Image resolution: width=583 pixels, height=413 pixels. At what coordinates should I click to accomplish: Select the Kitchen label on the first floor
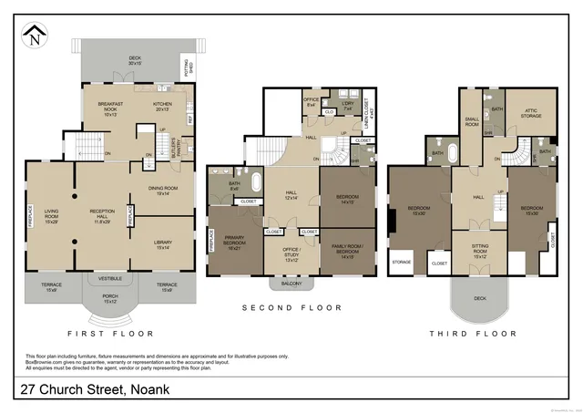point(161,106)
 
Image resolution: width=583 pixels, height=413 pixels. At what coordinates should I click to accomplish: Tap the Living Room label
point(51,216)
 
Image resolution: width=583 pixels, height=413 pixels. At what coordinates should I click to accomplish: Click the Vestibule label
point(109,277)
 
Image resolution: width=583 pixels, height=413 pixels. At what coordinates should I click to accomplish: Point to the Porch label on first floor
point(109,298)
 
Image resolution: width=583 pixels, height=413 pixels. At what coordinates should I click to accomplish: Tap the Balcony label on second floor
point(291,284)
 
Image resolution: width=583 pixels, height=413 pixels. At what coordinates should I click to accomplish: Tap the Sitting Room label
point(479,252)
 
